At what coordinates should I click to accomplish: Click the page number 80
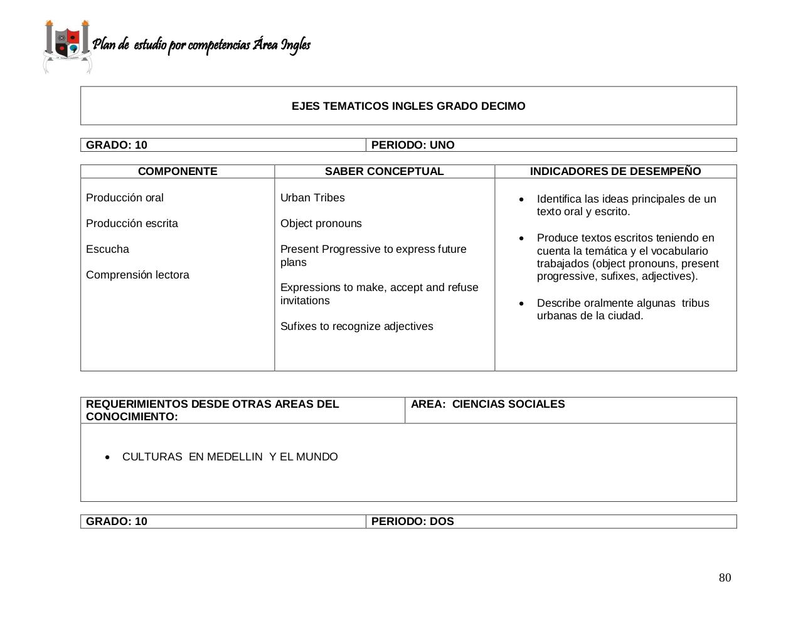(x=725, y=578)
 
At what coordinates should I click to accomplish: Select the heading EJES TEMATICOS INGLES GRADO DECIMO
(x=408, y=106)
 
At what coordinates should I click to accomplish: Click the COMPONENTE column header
(x=178, y=171)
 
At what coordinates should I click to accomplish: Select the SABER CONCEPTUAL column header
(x=384, y=171)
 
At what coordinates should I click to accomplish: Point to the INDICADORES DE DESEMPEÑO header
(x=615, y=171)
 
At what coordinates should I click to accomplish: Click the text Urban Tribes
(x=312, y=198)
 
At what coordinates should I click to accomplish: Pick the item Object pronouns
(x=321, y=223)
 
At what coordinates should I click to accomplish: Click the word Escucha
(x=107, y=249)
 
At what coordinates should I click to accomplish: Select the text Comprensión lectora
(x=137, y=275)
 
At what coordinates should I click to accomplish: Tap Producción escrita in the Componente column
(x=132, y=223)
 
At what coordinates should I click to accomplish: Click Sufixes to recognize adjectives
(x=356, y=326)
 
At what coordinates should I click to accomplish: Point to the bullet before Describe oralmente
(x=521, y=304)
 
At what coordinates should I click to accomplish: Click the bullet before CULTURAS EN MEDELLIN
(x=108, y=457)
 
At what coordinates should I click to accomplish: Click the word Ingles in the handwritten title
(x=295, y=45)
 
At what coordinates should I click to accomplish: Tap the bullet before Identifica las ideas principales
(x=521, y=199)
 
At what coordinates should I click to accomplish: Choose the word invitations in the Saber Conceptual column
(x=304, y=300)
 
